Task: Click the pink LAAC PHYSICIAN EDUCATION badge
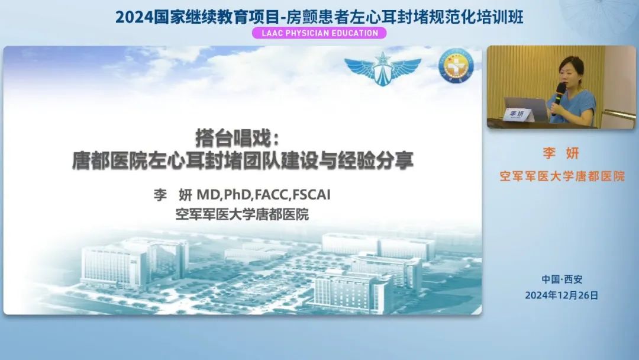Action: click(x=319, y=33)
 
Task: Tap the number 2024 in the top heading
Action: click(x=134, y=17)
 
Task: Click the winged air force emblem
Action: click(x=383, y=68)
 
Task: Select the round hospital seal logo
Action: click(x=456, y=66)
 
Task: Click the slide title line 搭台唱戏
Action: click(x=238, y=138)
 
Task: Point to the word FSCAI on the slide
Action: click(x=311, y=194)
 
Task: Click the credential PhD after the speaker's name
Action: click(x=238, y=194)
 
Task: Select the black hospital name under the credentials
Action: click(x=242, y=214)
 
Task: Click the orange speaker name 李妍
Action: click(x=561, y=153)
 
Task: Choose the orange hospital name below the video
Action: click(x=562, y=176)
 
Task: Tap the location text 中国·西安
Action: click(x=562, y=279)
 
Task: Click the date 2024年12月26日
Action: click(x=561, y=295)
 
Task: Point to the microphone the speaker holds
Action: click(x=559, y=96)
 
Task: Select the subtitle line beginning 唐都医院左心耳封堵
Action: click(x=243, y=160)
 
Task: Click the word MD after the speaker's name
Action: click(x=208, y=194)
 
